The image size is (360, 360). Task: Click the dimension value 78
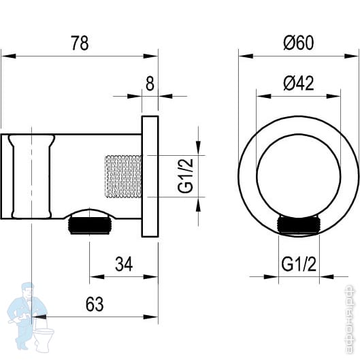tap(80, 43)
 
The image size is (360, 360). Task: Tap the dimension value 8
tap(150, 84)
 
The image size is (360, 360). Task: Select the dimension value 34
tap(124, 264)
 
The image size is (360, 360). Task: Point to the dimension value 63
tap(95, 304)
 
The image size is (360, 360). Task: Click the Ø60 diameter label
tap(299, 43)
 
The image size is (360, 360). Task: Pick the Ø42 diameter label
tap(299, 83)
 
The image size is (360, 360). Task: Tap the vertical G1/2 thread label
tap(185, 176)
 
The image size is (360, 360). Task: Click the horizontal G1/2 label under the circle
tap(299, 264)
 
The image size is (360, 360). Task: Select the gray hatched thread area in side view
tap(123, 176)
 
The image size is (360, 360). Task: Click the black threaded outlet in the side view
tap(90, 226)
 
